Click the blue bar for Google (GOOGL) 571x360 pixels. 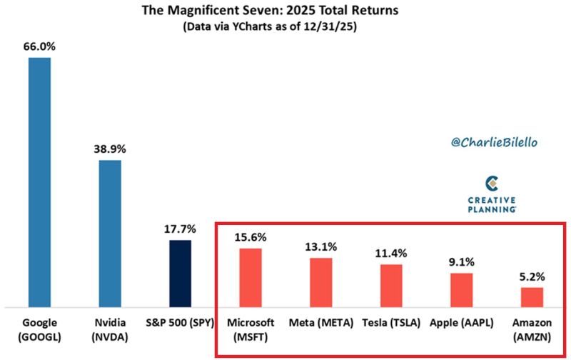click(39, 182)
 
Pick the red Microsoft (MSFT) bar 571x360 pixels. click(251, 278)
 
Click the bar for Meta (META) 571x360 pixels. click(320, 282)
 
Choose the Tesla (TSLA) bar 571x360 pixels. click(391, 286)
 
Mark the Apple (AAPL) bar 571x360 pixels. click(461, 290)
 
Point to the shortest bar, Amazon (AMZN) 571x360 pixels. click(532, 297)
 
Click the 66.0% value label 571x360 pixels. click(39, 45)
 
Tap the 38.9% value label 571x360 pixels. click(110, 149)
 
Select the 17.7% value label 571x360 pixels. click(180, 229)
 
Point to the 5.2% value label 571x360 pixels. click(532, 276)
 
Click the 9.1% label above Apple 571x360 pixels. click(461, 262)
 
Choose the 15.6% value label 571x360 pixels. click(251, 237)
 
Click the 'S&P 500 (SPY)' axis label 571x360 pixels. click(180, 323)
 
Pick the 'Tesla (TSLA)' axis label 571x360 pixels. click(391, 323)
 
